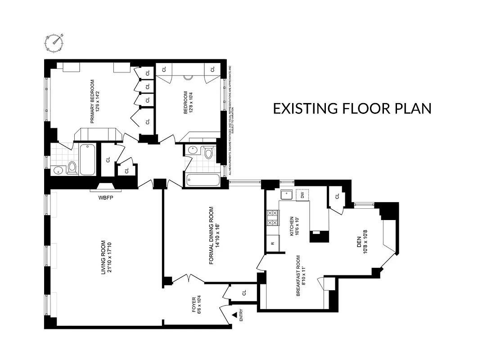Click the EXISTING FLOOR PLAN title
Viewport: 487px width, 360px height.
click(x=352, y=108)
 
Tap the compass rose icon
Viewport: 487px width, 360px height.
click(x=55, y=42)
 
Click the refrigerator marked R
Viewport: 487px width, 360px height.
click(x=273, y=243)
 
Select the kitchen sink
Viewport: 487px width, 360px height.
click(x=286, y=194)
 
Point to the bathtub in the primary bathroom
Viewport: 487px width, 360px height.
click(x=87, y=159)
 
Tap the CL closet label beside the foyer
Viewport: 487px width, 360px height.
click(x=244, y=292)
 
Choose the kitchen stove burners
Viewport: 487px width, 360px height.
click(x=272, y=218)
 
